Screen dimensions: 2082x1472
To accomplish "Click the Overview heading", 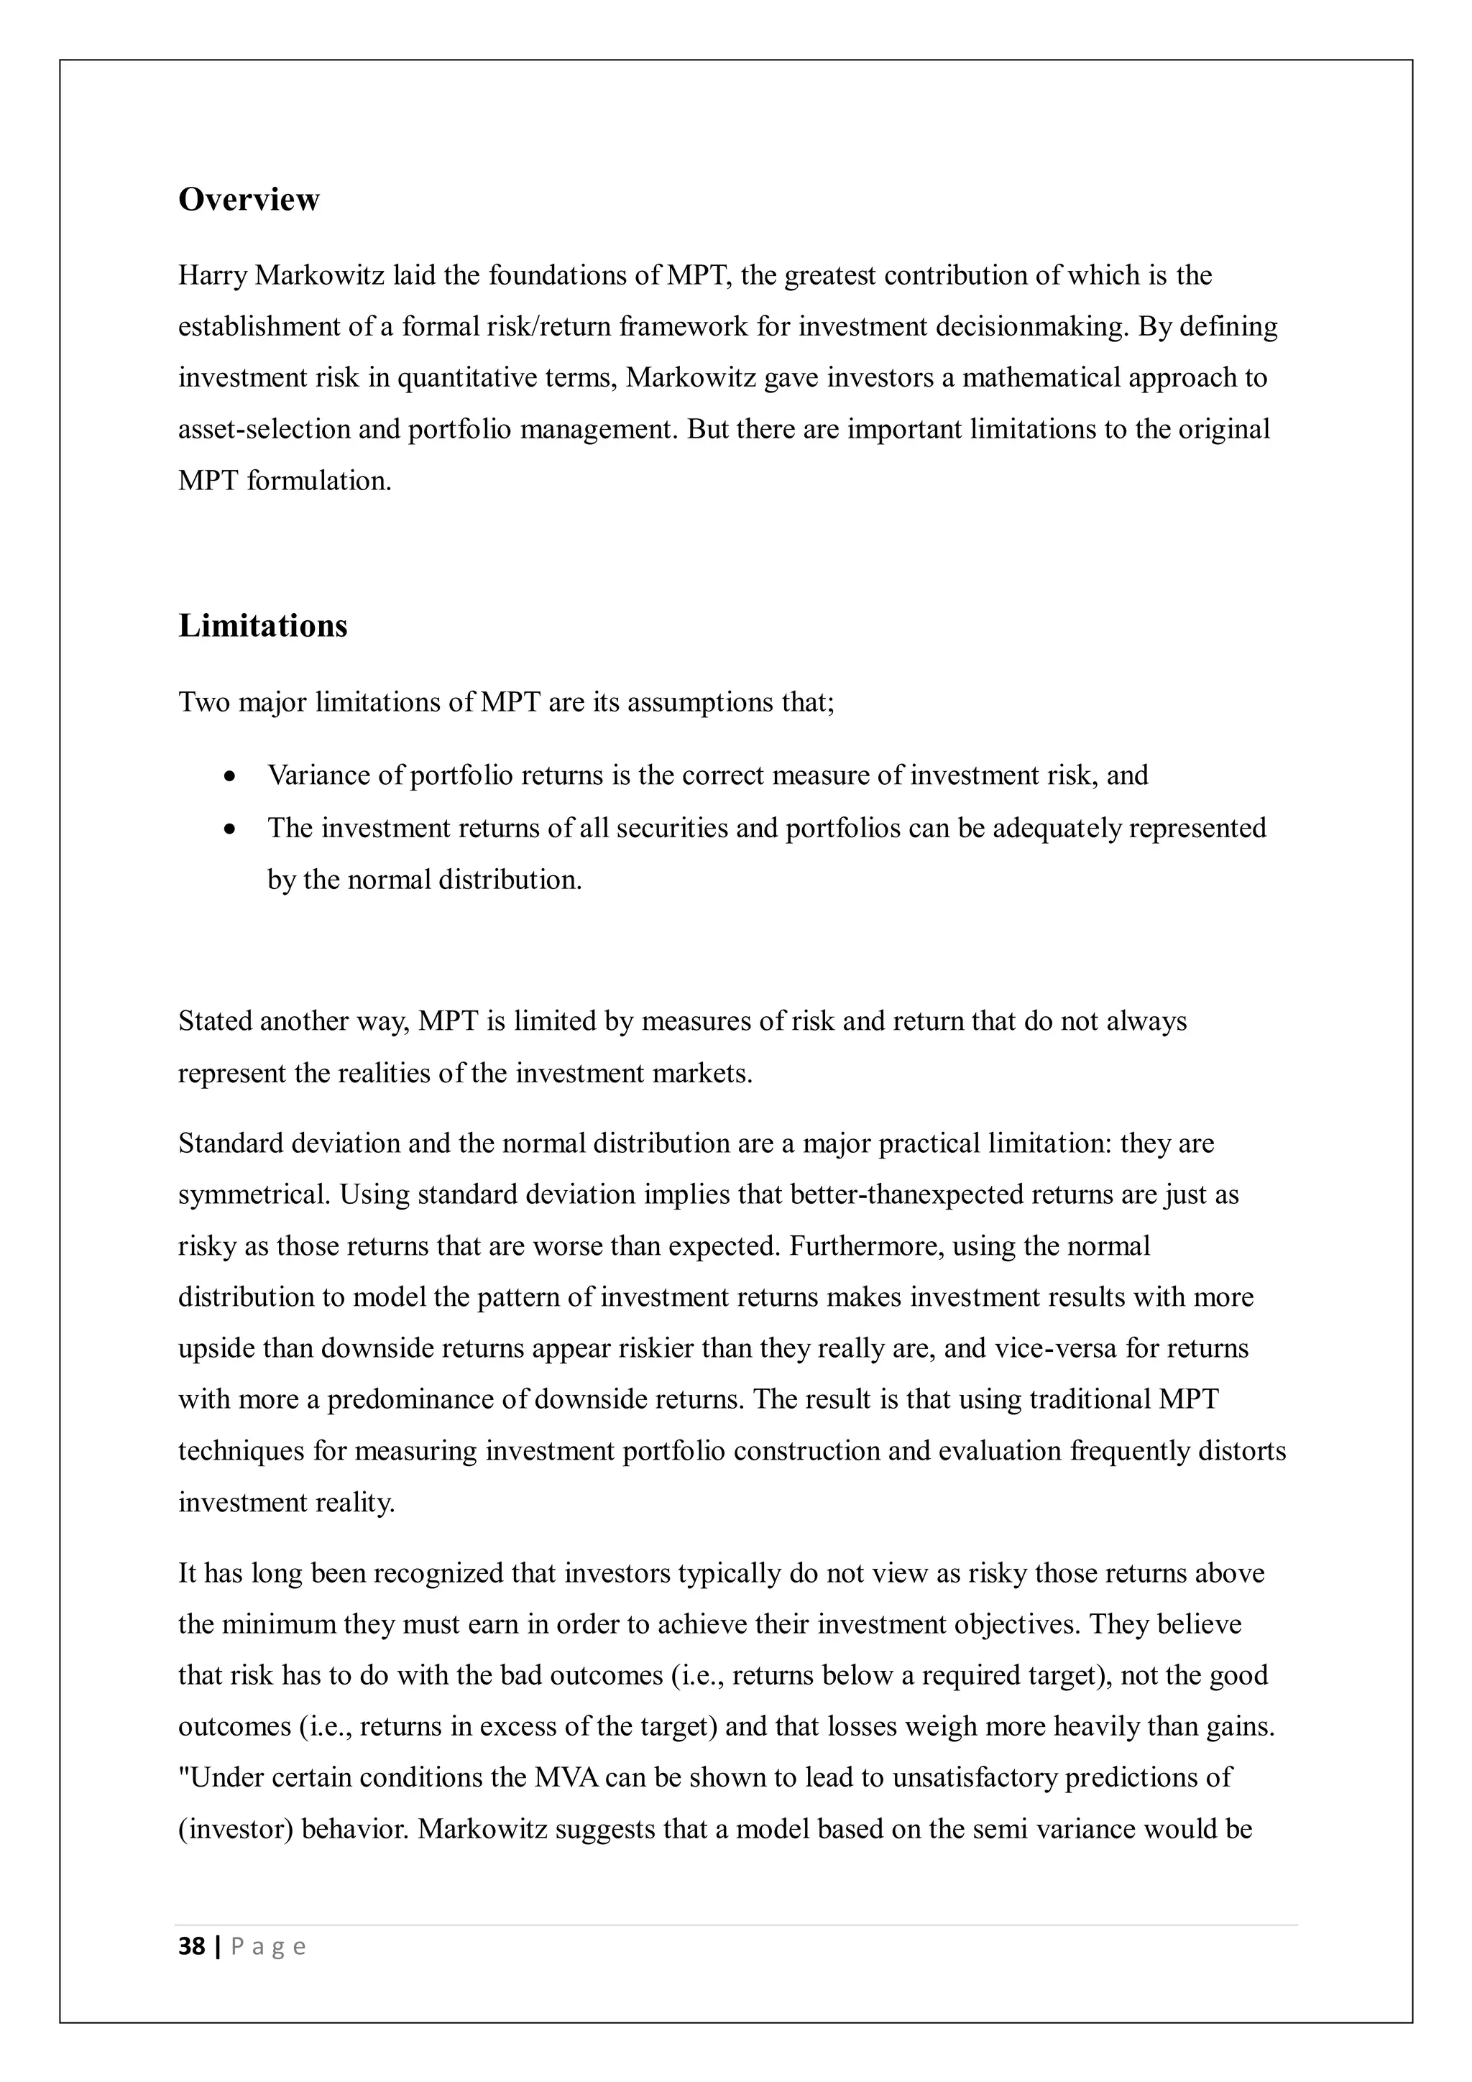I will point(249,200).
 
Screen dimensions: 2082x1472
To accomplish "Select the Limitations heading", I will point(262,626).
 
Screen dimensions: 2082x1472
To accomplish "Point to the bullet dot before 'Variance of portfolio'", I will point(232,777).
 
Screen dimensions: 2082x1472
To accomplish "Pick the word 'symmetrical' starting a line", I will point(254,1194).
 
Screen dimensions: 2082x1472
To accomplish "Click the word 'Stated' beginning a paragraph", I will point(216,1021).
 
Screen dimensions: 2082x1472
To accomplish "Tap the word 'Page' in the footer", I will point(269,1947).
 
